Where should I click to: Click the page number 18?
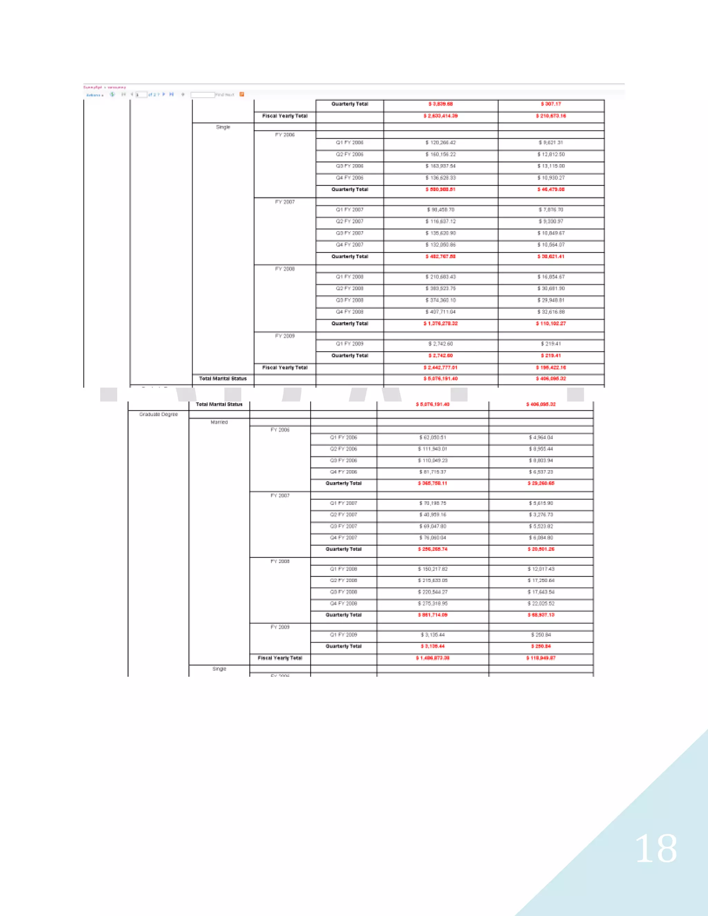click(655, 849)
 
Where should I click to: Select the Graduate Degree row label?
click(159, 414)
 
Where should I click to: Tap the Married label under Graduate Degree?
click(219, 422)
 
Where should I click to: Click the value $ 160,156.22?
click(440, 155)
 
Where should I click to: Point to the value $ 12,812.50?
click(551, 155)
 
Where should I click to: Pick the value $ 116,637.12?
click(440, 222)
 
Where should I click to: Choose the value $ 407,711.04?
click(440, 312)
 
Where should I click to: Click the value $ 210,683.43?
click(440, 277)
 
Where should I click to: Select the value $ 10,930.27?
click(551, 178)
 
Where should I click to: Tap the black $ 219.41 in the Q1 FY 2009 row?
click(551, 344)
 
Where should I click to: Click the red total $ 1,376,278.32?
click(440, 324)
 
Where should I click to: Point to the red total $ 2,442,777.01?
click(440, 368)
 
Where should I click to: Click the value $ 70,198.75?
click(432, 503)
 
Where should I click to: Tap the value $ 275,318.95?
click(432, 604)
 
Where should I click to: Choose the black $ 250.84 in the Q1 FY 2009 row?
click(541, 635)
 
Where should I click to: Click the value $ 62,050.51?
click(432, 438)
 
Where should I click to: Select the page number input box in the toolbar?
click(141, 95)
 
